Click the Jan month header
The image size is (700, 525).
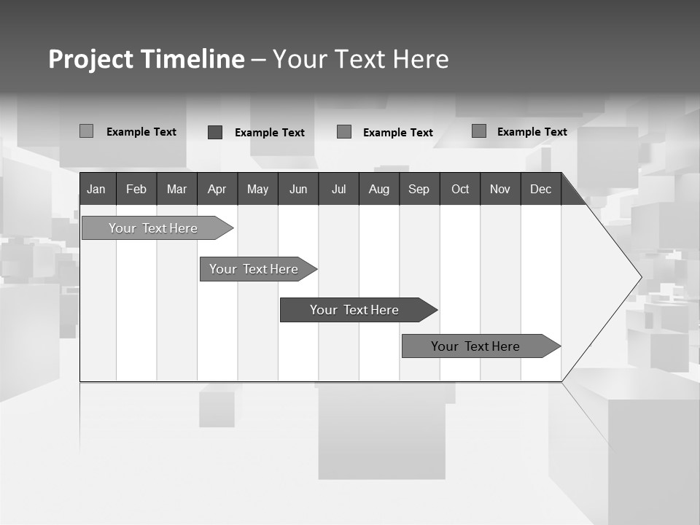(x=97, y=189)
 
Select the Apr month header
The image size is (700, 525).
(x=217, y=189)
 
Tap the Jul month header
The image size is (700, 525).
(x=338, y=189)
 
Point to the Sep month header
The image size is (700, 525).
(x=419, y=189)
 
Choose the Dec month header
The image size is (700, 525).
(x=540, y=189)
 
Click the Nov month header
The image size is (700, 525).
(x=499, y=189)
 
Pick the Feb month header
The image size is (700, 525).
(x=136, y=189)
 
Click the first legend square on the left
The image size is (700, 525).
(x=86, y=131)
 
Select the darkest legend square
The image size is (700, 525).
(x=214, y=132)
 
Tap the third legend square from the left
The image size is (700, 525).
(x=344, y=132)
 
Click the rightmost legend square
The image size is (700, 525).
(x=478, y=131)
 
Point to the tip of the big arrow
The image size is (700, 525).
(x=640, y=276)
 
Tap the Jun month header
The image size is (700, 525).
(x=298, y=189)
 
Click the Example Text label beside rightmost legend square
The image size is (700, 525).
(x=532, y=132)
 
